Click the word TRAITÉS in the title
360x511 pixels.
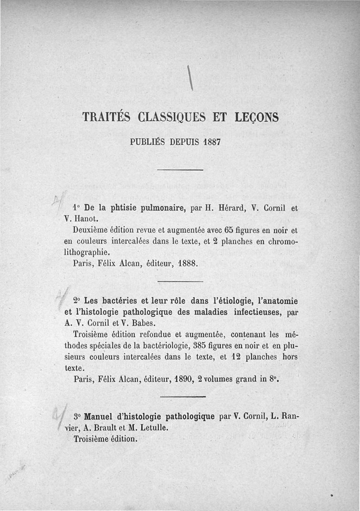click(x=106, y=117)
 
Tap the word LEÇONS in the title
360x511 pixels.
click(x=256, y=117)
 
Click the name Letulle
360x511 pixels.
click(x=151, y=427)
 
